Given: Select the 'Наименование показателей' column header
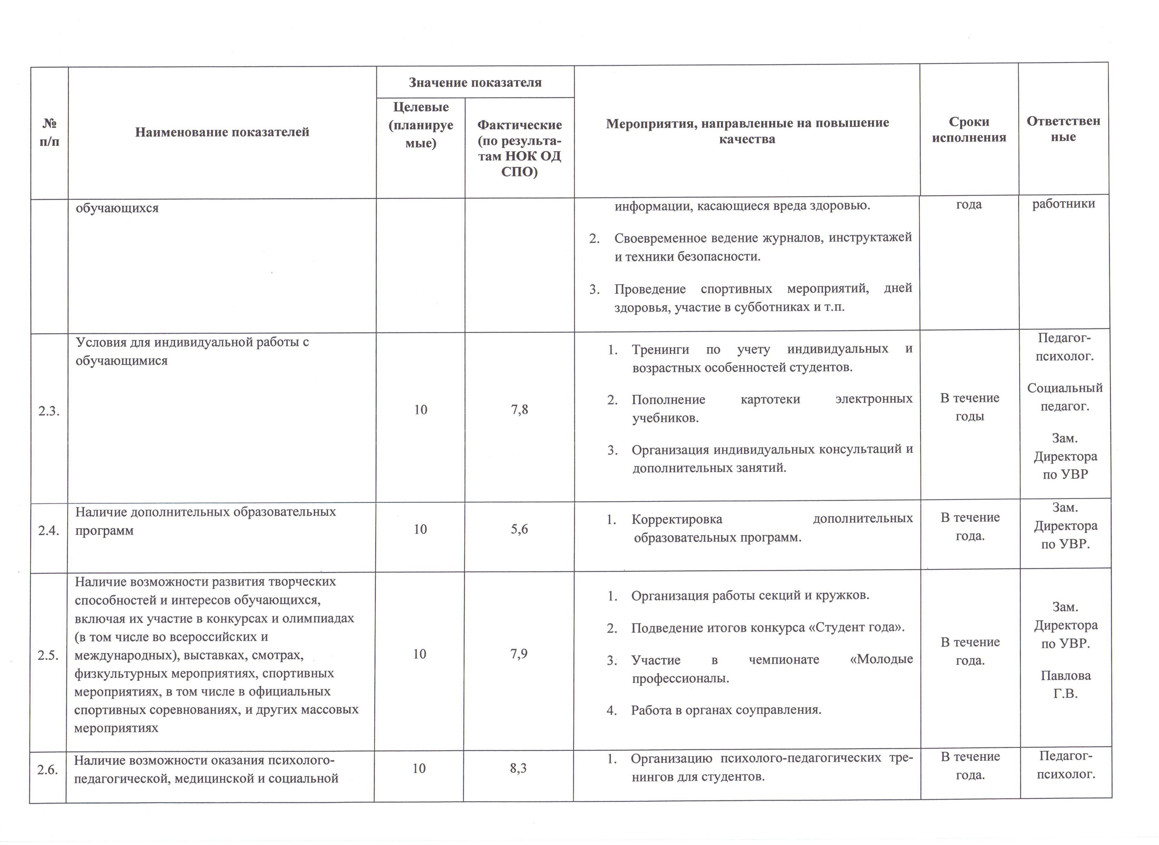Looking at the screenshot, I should [x=222, y=132].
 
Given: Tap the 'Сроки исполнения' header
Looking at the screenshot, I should [x=969, y=130].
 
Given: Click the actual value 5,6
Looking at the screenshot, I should [x=519, y=529].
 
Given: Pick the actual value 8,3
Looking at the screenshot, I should [x=518, y=768].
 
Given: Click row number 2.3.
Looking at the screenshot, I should [x=49, y=411].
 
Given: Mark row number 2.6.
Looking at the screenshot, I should [x=48, y=769].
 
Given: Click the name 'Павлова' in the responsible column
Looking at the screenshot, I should [x=1066, y=675].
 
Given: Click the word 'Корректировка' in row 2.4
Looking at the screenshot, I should [x=677, y=520].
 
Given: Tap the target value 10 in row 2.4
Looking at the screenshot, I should [x=420, y=529].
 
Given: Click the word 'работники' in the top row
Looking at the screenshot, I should [x=1063, y=203].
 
